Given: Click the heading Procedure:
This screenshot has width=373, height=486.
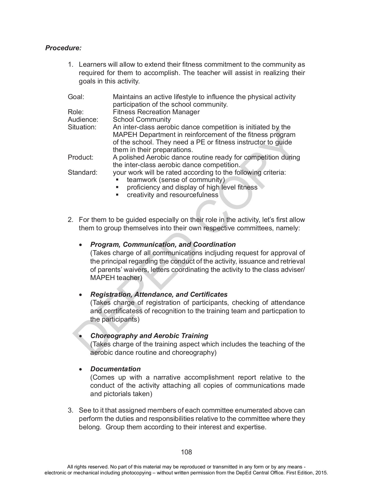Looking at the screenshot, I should click(x=63, y=48).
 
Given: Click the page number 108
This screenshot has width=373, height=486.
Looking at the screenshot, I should click(x=186, y=452).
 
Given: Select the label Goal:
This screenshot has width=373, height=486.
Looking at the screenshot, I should click(x=76, y=97).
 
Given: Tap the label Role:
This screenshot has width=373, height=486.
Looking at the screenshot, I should click(x=76, y=112).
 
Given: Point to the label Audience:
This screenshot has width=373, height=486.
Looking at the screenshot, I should click(x=83, y=120).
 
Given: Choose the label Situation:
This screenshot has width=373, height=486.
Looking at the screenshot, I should click(x=82, y=127).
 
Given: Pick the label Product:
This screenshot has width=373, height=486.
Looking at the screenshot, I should click(x=80, y=157).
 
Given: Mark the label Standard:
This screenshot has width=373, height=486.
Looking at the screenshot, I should click(x=82, y=173).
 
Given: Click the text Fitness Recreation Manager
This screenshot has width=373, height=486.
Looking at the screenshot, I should click(x=156, y=112).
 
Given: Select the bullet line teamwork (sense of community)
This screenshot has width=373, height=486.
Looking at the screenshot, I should click(x=176, y=180).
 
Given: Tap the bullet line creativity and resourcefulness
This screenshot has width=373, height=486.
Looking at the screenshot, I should click(x=172, y=195).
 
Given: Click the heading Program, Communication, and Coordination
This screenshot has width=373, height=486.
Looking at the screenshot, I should click(x=163, y=245).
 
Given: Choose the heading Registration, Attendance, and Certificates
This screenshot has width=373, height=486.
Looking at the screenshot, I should click(x=159, y=294).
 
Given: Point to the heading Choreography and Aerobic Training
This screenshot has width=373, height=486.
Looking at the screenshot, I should click(x=149, y=336).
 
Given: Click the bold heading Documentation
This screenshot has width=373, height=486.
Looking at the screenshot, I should click(x=115, y=369).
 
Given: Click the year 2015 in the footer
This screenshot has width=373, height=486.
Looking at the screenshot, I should click(x=321, y=473).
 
